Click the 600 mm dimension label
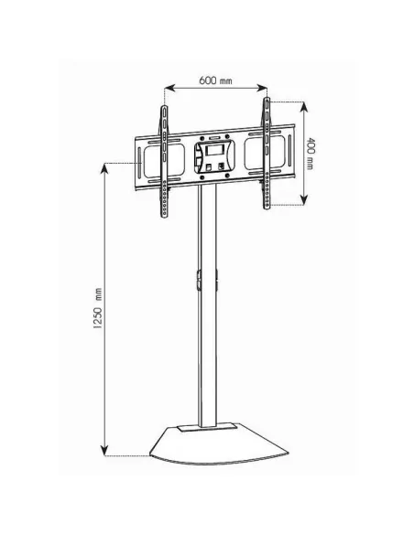215,80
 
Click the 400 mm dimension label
310,154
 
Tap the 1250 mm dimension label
98,308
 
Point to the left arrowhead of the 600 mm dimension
169,88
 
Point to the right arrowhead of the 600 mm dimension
262,88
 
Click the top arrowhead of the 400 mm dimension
303,107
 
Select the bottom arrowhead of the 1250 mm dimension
104,450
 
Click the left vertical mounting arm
164,162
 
